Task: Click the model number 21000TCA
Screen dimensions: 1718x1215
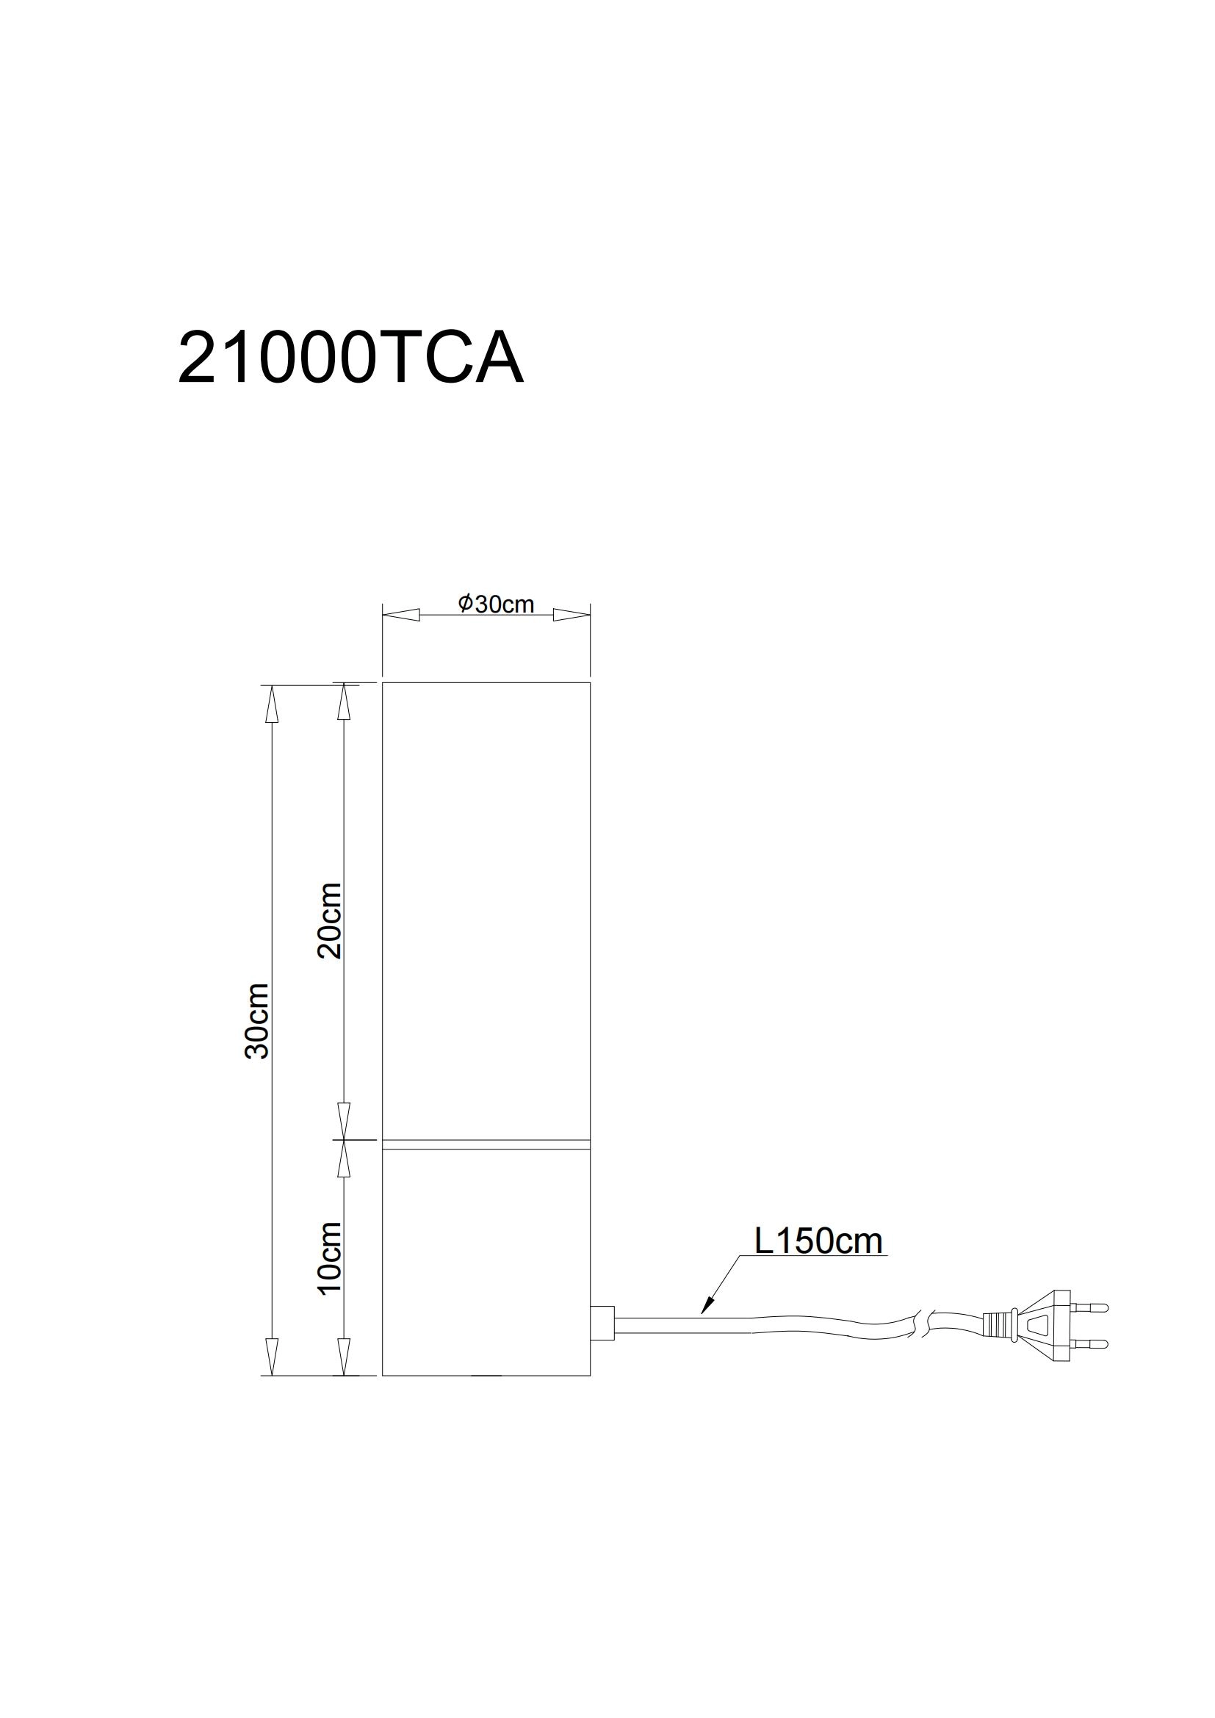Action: click(x=350, y=359)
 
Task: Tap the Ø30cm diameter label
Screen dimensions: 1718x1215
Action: click(x=496, y=604)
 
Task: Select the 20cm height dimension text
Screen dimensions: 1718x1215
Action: click(x=330, y=920)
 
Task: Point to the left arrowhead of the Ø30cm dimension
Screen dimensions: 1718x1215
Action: click(x=400, y=615)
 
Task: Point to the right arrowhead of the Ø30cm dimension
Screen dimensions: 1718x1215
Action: click(x=572, y=615)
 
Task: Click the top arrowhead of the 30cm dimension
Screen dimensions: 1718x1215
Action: click(x=272, y=704)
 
